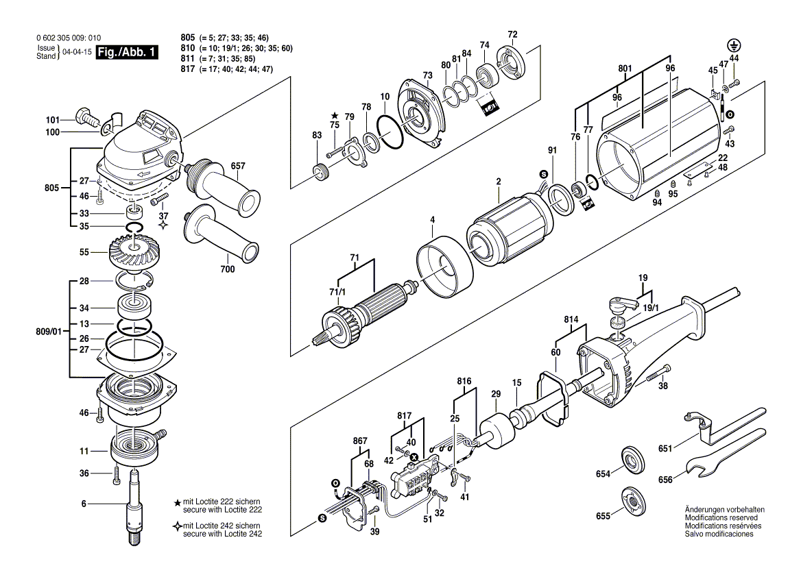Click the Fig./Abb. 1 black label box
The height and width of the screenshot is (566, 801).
[128, 52]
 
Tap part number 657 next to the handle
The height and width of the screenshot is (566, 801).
[238, 165]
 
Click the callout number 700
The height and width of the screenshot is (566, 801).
[227, 269]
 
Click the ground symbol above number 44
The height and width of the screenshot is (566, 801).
[733, 47]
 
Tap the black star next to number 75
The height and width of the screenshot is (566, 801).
[335, 116]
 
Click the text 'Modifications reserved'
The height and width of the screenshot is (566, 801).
[718, 518]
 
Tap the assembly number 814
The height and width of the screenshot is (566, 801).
[571, 320]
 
